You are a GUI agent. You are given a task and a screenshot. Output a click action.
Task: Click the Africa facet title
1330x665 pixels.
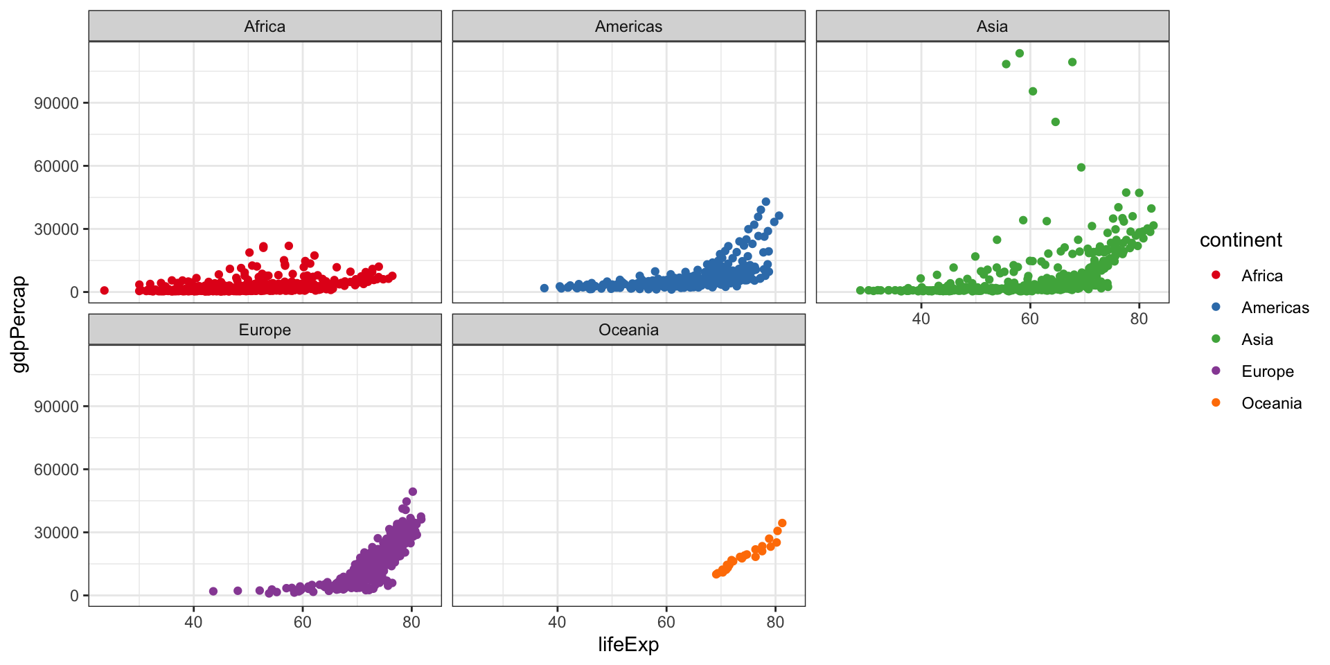tap(265, 26)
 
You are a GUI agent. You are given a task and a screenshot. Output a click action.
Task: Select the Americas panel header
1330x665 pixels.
tap(628, 26)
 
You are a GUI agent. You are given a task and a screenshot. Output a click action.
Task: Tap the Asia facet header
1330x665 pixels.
tap(992, 26)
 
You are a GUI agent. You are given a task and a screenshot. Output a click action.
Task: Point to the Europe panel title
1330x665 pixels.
tap(265, 330)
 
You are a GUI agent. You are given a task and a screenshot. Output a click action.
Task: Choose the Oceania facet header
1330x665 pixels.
tap(628, 330)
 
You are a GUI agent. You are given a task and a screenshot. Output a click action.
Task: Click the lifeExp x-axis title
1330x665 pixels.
tap(628, 645)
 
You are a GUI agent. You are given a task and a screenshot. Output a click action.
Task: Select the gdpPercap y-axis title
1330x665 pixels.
tap(20, 323)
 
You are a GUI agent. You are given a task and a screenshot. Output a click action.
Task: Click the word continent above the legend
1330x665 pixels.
tap(1241, 240)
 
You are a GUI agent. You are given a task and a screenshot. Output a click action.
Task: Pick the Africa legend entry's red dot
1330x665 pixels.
tap(1216, 276)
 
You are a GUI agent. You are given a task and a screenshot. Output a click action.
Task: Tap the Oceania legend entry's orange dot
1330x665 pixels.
tap(1216, 403)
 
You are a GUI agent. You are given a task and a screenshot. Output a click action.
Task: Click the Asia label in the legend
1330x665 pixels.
tap(1257, 339)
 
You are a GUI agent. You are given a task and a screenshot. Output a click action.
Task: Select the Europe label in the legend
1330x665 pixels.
tap(1268, 371)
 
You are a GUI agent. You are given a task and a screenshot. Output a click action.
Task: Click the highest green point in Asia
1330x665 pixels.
tap(1020, 53)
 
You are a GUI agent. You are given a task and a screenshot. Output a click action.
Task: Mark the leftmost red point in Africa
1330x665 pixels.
tap(105, 290)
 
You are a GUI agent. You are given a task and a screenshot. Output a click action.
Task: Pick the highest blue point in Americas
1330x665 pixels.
tap(765, 202)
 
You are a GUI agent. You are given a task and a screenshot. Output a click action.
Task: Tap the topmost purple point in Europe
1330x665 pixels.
tap(413, 492)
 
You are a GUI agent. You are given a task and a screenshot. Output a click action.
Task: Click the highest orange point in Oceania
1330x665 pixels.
tap(782, 524)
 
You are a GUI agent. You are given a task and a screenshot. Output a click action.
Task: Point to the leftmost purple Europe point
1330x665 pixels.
tap(213, 592)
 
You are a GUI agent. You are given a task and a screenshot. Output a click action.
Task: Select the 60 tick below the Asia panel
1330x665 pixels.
tap(1029, 319)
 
